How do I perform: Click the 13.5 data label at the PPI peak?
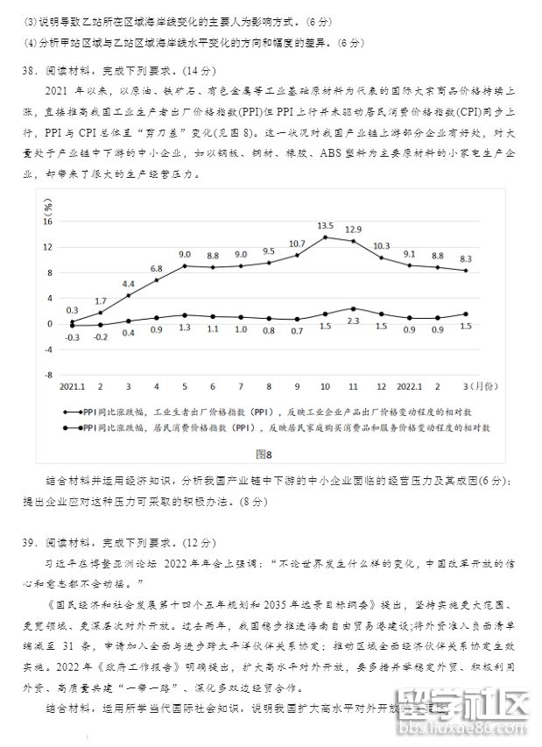pos(325,225)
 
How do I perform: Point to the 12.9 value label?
pos(353,229)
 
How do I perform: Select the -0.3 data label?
pos(72,337)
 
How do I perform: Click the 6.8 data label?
pos(156,268)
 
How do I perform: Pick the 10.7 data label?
pos(297,243)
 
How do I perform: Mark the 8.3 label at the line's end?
pos(465,258)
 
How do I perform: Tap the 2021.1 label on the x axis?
pos(72,386)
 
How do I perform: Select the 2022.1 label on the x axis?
pos(410,386)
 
